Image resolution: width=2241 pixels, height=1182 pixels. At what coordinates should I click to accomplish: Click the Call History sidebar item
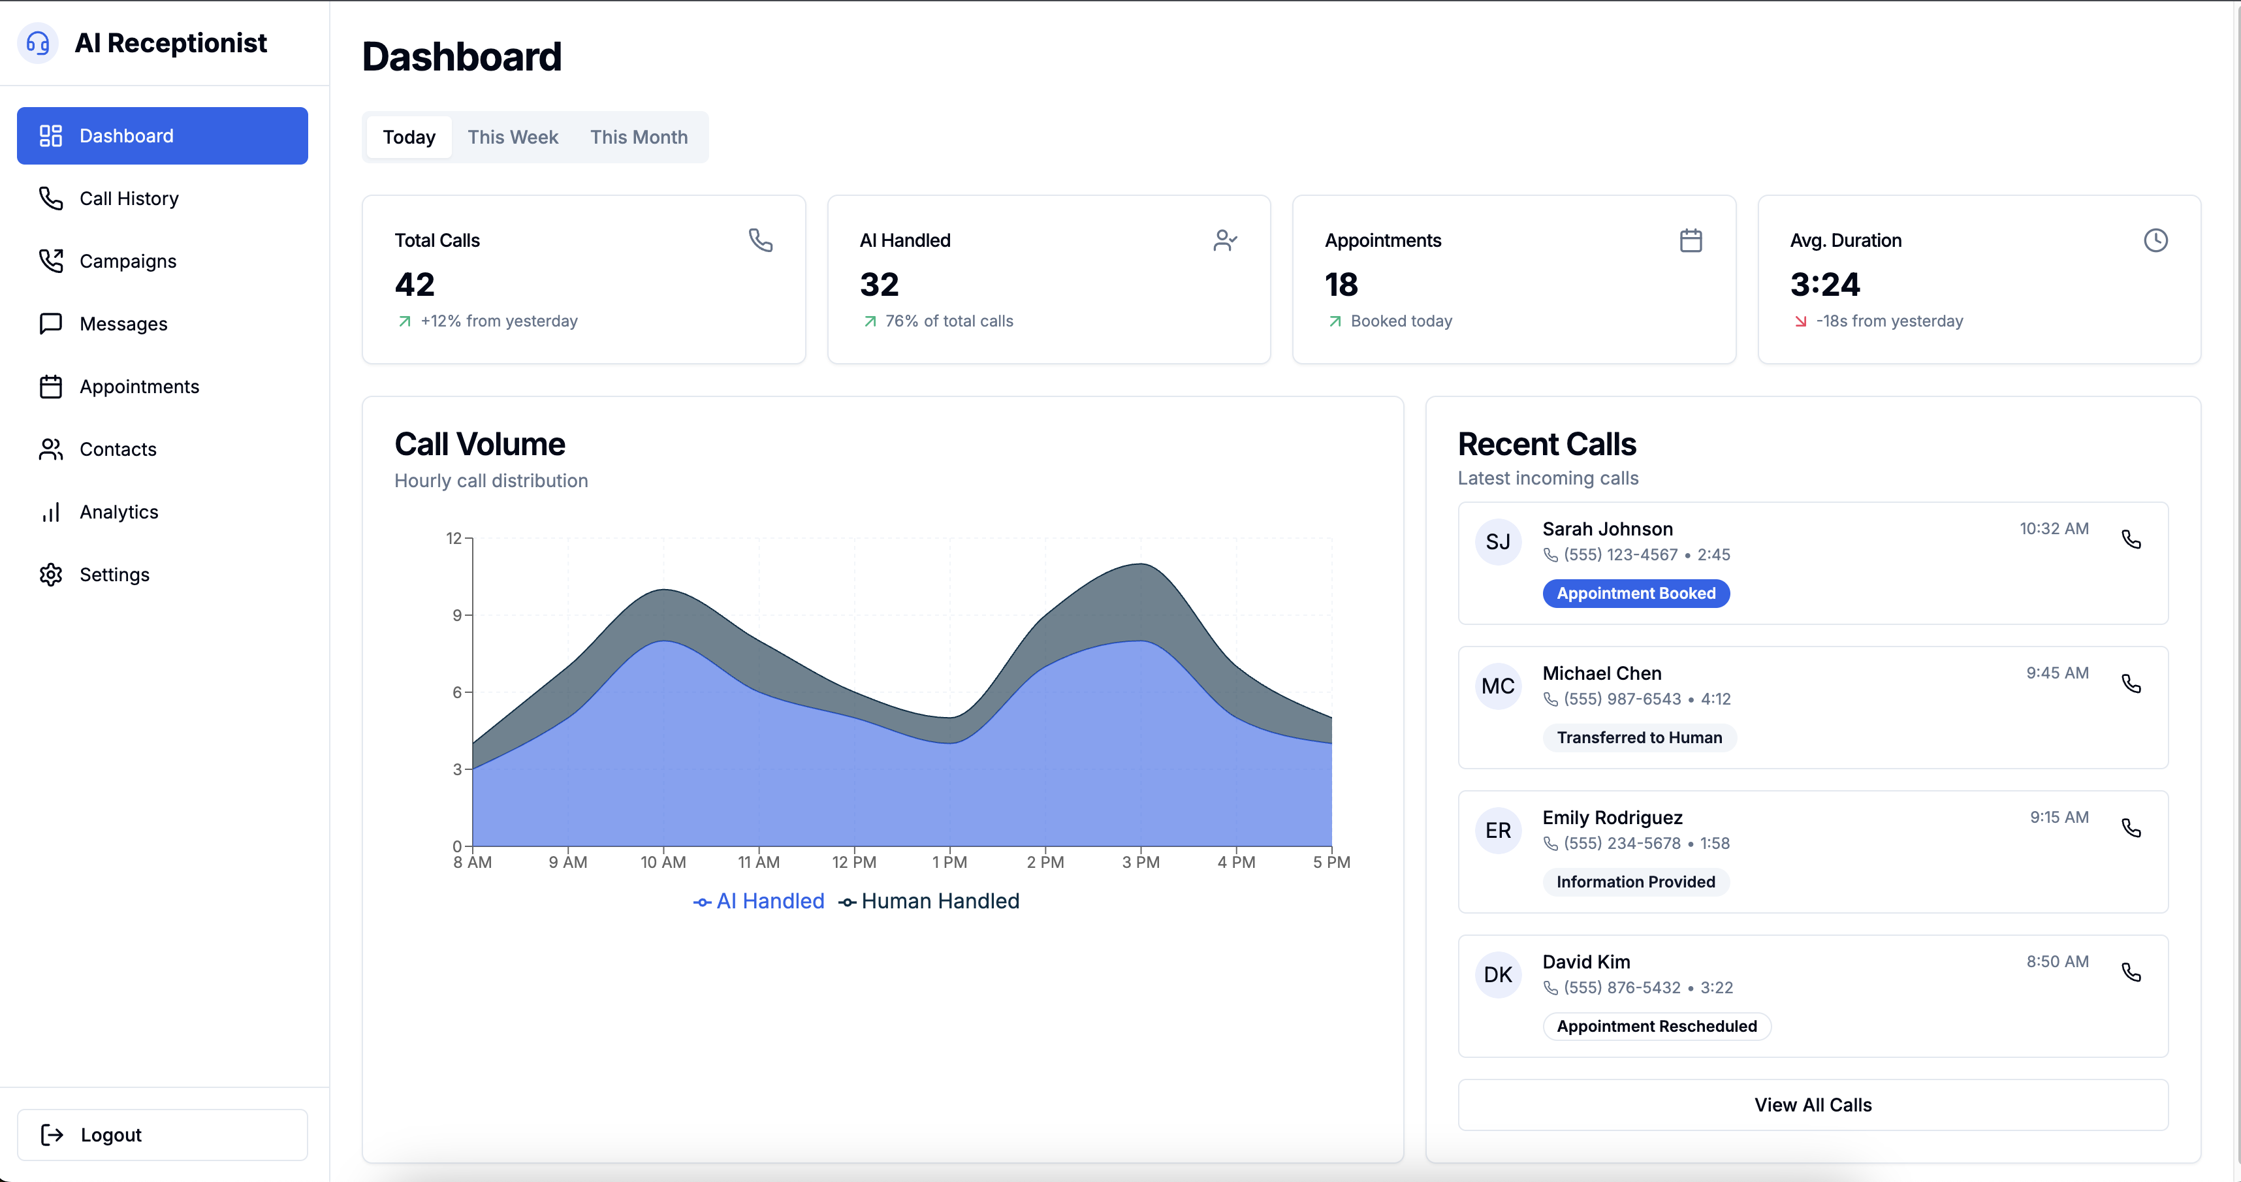(x=129, y=199)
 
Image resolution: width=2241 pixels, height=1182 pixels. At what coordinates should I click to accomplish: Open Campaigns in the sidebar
(x=127, y=261)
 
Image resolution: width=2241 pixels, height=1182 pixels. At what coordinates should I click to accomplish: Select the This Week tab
(x=513, y=136)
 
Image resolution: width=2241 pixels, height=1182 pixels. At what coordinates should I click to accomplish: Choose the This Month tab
(x=639, y=136)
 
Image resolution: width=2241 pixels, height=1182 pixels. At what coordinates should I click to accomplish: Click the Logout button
(x=162, y=1134)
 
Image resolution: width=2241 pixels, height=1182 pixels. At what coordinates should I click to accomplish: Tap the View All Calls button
(x=1812, y=1104)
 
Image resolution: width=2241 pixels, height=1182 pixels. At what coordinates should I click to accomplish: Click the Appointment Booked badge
(x=1636, y=593)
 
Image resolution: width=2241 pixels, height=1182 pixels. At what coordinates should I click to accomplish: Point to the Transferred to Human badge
(x=1639, y=737)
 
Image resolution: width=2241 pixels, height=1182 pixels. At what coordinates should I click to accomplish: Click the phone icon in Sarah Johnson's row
(x=2131, y=539)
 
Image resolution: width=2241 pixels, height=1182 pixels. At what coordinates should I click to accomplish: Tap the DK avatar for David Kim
(x=1497, y=975)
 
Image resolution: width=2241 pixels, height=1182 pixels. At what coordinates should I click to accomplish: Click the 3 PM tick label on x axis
(x=1141, y=862)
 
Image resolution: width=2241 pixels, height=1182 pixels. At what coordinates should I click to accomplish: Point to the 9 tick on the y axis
(x=456, y=615)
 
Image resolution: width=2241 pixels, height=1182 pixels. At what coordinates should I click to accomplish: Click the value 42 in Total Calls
(x=414, y=285)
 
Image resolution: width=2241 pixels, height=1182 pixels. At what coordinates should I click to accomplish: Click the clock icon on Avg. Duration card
(x=2155, y=240)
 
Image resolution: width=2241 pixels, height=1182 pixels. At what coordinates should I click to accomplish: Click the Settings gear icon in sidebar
(x=50, y=574)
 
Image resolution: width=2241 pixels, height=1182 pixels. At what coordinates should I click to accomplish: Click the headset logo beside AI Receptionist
(x=37, y=42)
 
